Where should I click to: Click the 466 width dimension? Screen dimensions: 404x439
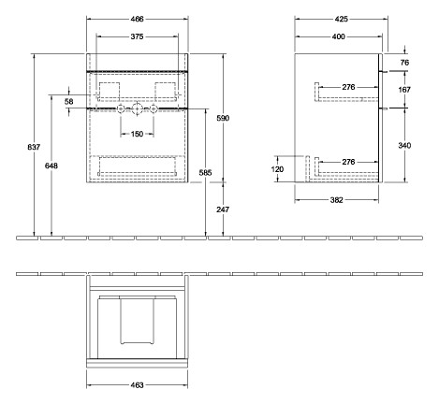[137, 20]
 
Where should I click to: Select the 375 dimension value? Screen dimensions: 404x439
[137, 36]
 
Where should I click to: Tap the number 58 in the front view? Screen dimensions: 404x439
[69, 100]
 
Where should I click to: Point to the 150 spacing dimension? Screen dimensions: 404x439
[138, 134]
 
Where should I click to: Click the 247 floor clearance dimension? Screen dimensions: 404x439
[223, 210]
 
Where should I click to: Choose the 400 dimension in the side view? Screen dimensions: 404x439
[338, 36]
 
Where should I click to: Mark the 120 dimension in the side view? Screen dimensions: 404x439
[277, 170]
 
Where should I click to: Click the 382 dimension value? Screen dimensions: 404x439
[338, 199]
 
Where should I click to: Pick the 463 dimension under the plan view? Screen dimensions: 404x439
[137, 383]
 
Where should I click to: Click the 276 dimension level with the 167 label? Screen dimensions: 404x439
[348, 87]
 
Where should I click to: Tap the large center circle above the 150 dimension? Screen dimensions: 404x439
[138, 109]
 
